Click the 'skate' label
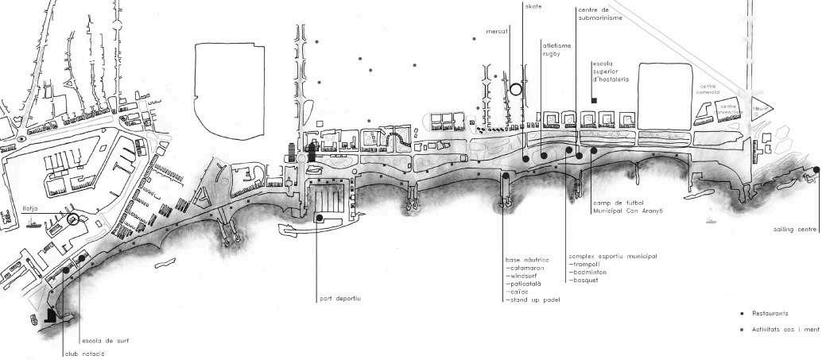(533, 6)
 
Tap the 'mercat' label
(497, 33)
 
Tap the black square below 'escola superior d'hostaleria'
(595, 100)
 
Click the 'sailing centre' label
(795, 230)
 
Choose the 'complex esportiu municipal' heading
(612, 257)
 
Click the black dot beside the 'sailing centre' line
(816, 170)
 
